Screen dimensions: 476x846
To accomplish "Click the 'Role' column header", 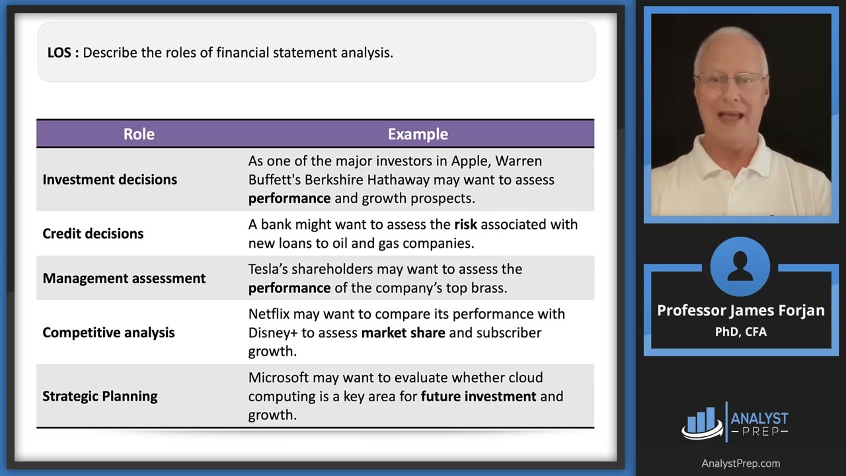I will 139,134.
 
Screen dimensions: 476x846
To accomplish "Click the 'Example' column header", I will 418,134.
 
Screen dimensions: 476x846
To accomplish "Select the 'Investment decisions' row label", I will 110,180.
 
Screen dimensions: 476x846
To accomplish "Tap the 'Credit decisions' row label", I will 93,233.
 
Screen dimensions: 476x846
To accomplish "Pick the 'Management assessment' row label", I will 124,278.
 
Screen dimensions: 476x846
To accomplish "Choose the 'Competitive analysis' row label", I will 108,333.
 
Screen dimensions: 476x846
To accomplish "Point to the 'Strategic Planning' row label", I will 100,396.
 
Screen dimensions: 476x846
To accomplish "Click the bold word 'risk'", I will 465,224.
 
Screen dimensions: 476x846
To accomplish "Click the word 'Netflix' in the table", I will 269,314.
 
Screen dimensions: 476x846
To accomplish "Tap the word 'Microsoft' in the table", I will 278,377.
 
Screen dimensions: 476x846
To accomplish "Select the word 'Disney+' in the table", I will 272,333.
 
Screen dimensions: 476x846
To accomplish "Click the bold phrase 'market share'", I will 403,333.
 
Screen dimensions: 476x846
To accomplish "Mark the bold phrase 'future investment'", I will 479,396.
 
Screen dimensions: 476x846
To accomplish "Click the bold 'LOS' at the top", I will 60,52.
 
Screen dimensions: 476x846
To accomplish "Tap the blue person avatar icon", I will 740,266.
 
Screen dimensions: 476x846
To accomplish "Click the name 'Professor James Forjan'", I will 740,311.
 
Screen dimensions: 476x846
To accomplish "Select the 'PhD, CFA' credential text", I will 740,332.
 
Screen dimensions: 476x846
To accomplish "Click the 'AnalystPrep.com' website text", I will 740,463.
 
